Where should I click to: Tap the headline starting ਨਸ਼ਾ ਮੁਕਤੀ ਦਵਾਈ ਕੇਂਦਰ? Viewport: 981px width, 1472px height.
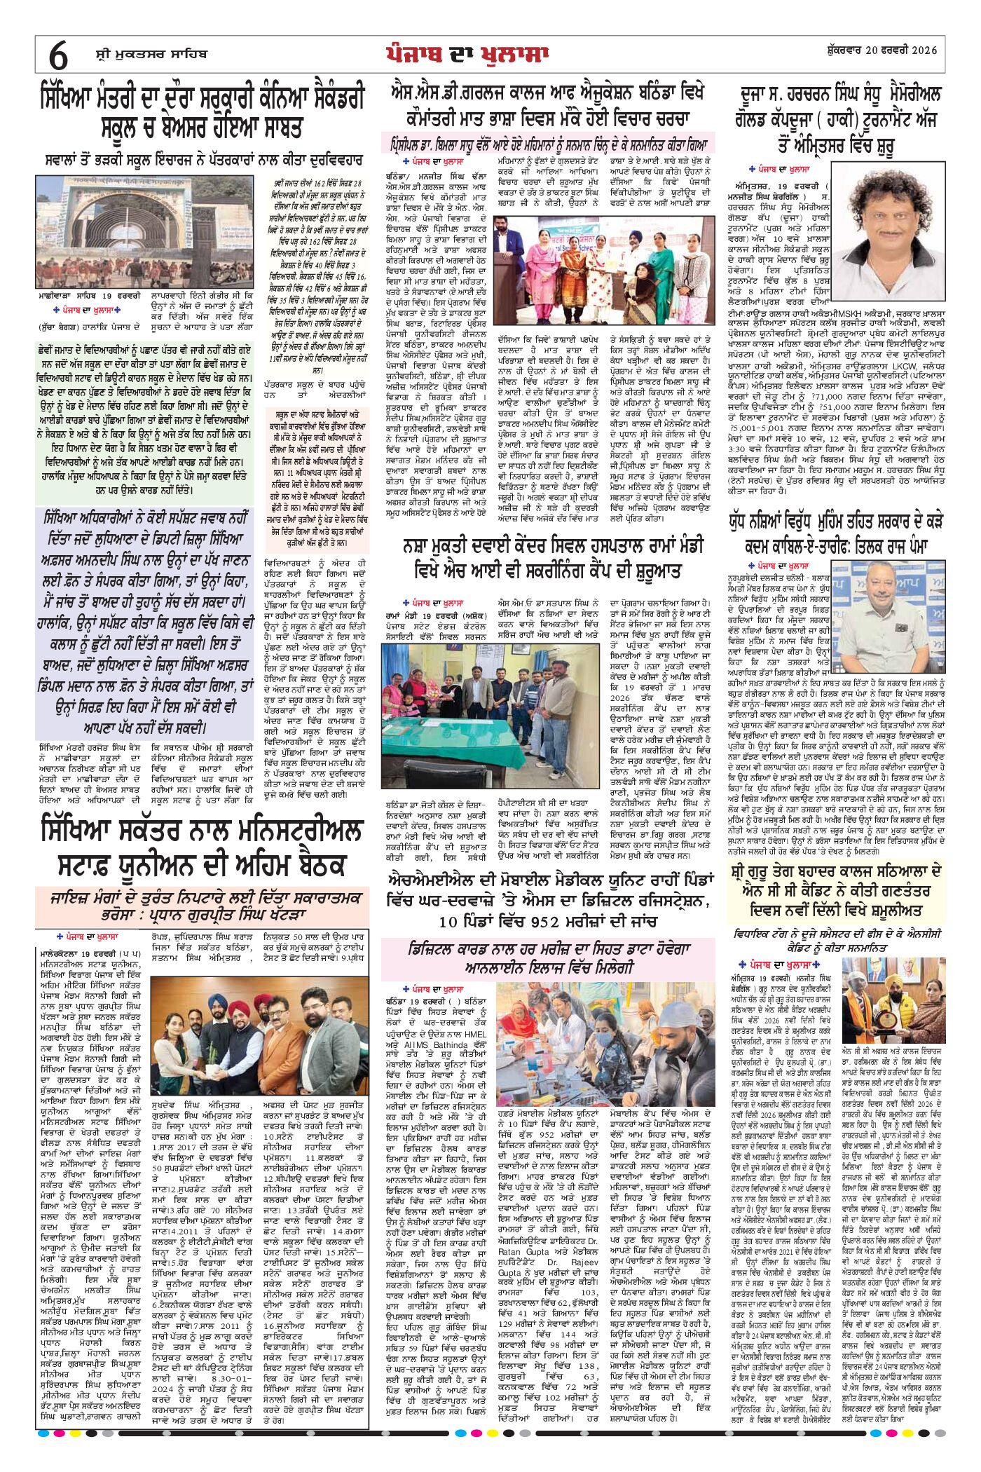point(554,557)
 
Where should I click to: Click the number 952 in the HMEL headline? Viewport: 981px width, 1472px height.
point(549,920)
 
